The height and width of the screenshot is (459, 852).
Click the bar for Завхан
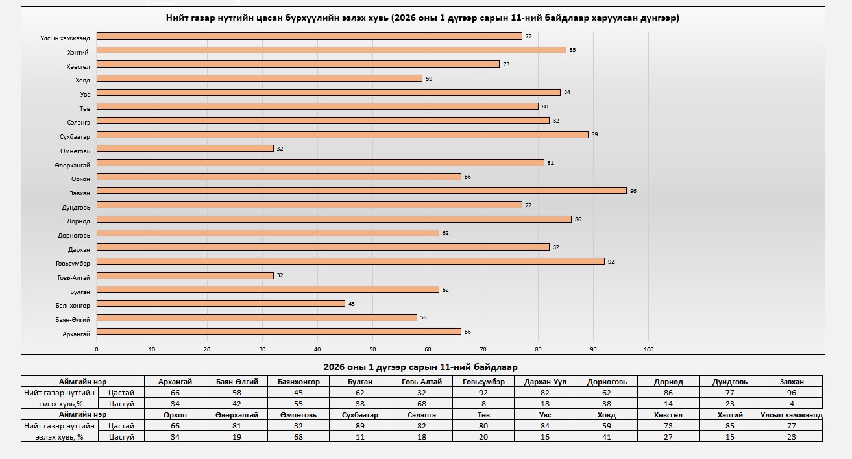361,191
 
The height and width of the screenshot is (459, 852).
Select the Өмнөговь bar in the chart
185,149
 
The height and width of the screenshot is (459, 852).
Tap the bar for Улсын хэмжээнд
309,36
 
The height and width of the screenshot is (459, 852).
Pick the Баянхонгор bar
221,303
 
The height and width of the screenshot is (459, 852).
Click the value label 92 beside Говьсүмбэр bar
611,262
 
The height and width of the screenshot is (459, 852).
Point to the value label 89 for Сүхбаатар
594,135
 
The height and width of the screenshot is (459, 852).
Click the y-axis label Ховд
82,80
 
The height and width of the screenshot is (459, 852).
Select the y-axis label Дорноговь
74,235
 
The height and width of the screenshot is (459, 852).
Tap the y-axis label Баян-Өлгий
73,319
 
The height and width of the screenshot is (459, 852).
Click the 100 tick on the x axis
648,349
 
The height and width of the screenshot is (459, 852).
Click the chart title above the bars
422,18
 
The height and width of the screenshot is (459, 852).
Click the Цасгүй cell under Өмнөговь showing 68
298,437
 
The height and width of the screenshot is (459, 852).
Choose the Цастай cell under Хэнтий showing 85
729,426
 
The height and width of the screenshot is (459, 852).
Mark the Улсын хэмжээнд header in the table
791,415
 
